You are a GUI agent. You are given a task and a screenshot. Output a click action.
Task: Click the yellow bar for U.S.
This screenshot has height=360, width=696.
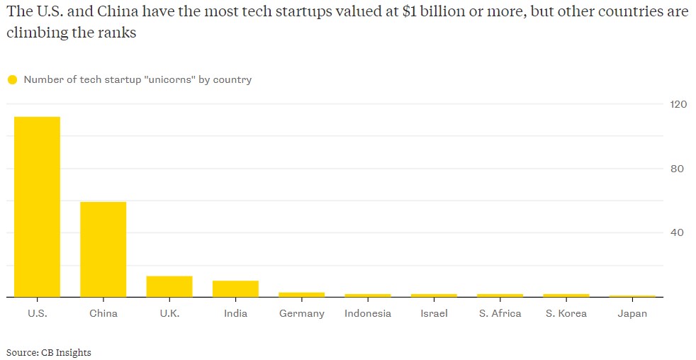[38, 207]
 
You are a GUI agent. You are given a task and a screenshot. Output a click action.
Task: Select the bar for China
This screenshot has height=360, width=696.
[103, 249]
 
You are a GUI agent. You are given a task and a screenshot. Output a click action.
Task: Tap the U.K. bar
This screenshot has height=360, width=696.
[169, 286]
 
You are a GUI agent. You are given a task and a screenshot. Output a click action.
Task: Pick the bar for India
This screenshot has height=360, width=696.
[235, 288]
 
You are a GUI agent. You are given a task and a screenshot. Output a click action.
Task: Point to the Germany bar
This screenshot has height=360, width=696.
[302, 294]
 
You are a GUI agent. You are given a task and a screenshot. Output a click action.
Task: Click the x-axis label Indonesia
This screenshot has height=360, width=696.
[368, 313]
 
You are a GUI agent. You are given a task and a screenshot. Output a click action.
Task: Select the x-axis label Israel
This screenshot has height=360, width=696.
[434, 313]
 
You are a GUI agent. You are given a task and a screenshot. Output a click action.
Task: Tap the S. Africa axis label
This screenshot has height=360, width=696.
[500, 313]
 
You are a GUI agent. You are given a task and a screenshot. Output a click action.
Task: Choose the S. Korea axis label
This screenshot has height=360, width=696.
[566, 313]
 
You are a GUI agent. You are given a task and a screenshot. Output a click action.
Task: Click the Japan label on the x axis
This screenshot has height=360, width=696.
[632, 313]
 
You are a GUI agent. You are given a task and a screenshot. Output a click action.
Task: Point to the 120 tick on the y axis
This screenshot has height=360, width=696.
[678, 104]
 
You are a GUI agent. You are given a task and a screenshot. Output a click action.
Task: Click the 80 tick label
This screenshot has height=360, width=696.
[678, 169]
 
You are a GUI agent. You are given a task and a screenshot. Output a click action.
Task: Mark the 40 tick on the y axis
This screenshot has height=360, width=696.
[678, 232]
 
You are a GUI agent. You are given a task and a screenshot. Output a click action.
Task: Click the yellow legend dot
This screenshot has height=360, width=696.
[12, 80]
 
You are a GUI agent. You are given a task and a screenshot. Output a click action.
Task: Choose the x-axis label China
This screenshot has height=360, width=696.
[103, 313]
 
